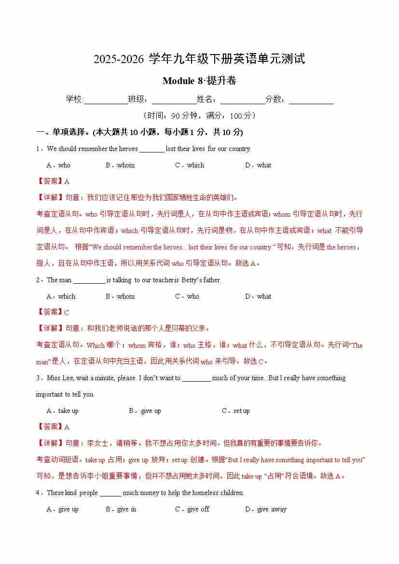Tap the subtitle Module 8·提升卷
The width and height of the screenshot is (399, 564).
coord(199,81)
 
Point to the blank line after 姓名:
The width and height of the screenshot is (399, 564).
coord(243,100)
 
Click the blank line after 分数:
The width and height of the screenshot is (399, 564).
coord(311,100)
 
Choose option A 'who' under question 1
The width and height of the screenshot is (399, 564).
coord(58,165)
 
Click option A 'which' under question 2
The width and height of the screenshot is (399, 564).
coord(61,296)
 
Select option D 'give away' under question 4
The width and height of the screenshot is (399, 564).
coord(266,509)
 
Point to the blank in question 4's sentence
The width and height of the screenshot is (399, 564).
coord(110,493)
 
